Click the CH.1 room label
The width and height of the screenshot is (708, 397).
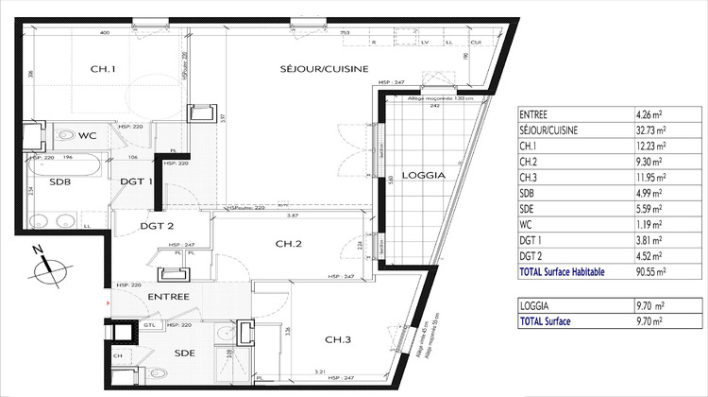click(103, 69)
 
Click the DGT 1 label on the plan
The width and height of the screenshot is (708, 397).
click(136, 182)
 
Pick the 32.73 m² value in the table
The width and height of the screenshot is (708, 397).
click(651, 129)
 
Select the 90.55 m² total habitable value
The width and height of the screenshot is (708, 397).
click(651, 272)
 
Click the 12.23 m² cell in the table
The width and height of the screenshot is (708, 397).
click(651, 146)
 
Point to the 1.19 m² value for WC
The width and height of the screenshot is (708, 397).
click(650, 225)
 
